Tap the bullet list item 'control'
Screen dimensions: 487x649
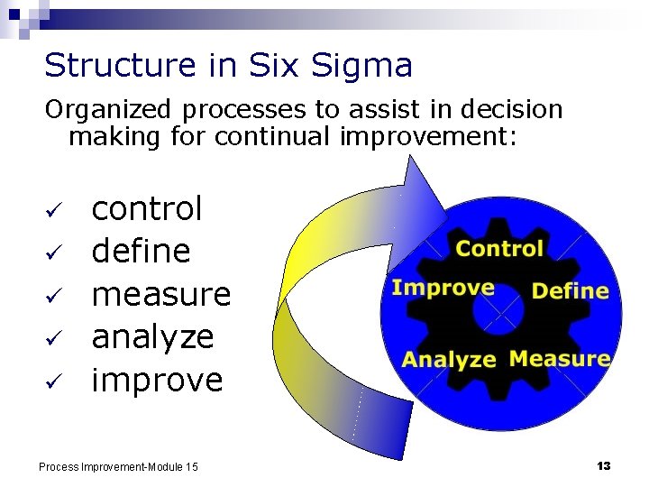[148, 208]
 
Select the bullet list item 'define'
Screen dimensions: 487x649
[142, 251]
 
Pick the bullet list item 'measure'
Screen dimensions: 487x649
[161, 294]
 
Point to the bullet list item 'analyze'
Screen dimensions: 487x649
[153, 337]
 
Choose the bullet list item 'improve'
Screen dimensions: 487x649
[157, 381]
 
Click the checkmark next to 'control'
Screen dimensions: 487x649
[52, 210]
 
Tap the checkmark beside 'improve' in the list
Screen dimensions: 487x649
[52, 382]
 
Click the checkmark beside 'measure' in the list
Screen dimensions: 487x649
[52, 297]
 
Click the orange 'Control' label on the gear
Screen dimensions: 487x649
[499, 249]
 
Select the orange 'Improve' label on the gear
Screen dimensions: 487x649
[443, 288]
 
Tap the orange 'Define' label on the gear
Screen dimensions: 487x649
[570, 290]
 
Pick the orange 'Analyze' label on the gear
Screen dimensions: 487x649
[449, 360]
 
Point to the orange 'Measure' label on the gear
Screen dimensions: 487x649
[559, 358]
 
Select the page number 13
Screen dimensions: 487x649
[603, 465]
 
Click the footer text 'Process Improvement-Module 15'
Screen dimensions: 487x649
[118, 466]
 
